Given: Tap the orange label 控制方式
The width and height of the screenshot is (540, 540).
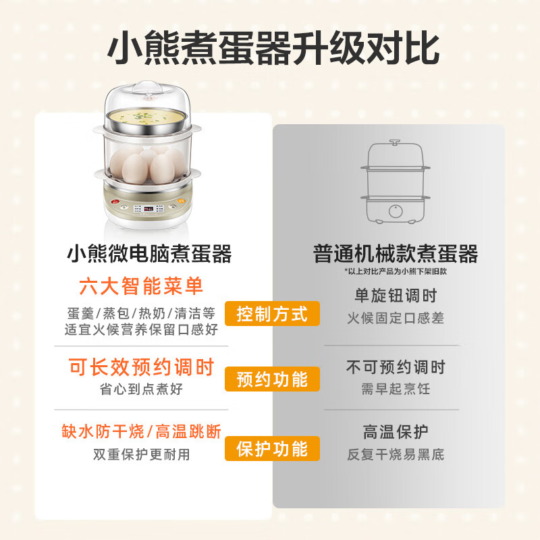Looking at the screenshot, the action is [272, 314].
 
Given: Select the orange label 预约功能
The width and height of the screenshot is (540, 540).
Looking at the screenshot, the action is [272, 379].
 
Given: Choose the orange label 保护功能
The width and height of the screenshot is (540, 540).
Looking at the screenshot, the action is [272, 448].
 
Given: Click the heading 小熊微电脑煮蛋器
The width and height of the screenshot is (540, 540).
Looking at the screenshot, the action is [149, 254].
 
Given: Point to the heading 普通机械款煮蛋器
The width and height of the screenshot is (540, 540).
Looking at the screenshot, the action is [396, 254].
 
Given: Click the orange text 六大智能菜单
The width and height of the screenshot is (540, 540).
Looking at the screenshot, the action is [141, 286].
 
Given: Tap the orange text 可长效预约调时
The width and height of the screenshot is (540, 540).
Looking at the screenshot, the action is [142, 367].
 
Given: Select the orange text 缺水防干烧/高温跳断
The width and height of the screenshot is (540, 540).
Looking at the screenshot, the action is [142, 431].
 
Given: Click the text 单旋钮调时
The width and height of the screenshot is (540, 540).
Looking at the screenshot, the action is [396, 296].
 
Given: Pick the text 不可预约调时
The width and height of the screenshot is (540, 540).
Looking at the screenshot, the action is [396, 367].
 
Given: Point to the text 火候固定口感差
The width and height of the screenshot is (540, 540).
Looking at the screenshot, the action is [396, 318].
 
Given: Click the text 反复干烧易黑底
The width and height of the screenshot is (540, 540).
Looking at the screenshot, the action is [396, 454].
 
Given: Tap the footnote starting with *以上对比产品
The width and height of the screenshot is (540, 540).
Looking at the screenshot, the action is [396, 271].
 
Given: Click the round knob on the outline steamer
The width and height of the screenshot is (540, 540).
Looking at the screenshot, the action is [396, 211].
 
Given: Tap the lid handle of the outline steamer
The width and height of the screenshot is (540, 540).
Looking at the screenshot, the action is [395, 142].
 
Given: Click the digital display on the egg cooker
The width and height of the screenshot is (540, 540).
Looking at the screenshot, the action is [148, 209].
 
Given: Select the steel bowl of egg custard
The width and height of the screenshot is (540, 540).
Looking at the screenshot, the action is [146, 122].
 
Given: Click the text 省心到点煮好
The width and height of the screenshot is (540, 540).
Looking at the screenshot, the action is [141, 389].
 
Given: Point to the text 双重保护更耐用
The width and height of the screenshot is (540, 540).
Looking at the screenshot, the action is [142, 454].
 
